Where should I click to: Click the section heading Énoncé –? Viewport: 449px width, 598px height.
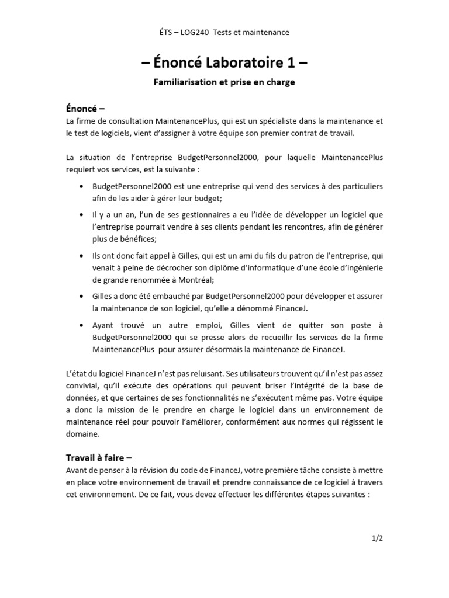pyautogui.click(x=85, y=109)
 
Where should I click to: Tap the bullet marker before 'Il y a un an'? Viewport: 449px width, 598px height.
pyautogui.click(x=80, y=215)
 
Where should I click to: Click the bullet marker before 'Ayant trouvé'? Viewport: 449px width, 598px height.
pyautogui.click(x=80, y=325)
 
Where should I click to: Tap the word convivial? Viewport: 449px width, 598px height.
pyautogui.click(x=84, y=385)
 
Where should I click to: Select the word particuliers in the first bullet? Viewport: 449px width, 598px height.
pyautogui.click(x=360, y=186)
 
